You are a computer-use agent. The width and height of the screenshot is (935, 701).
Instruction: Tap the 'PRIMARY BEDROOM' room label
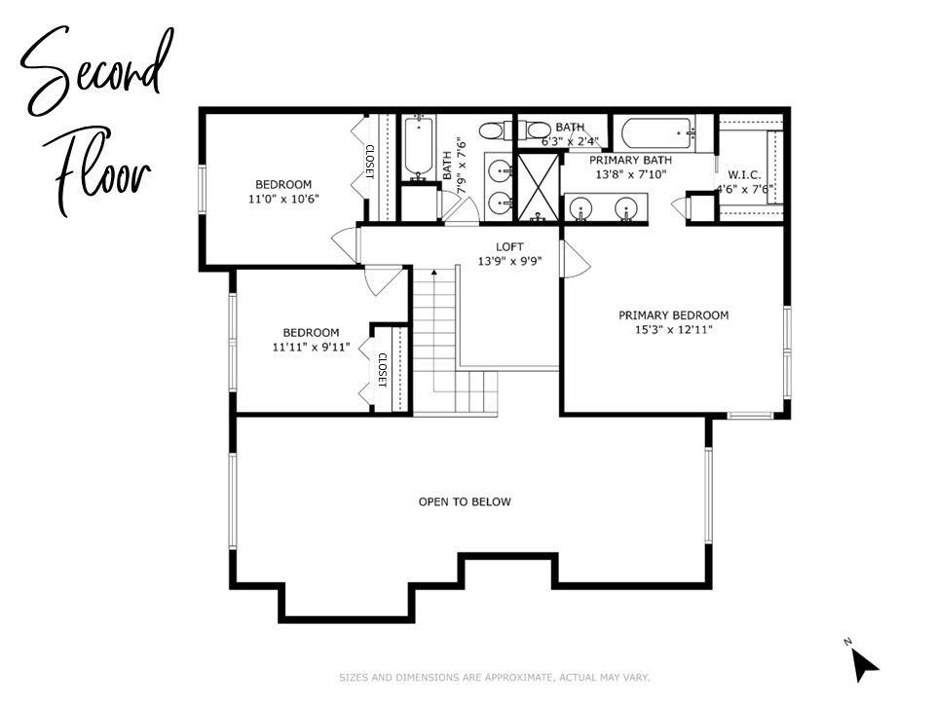click(x=673, y=314)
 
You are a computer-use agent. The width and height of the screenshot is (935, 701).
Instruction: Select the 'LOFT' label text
click(x=509, y=246)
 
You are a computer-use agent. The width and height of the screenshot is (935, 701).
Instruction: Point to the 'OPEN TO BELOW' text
click(x=465, y=501)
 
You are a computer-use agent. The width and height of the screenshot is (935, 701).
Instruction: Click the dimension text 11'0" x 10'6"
click(x=283, y=199)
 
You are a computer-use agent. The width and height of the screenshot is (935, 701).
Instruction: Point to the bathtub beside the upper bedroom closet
click(x=420, y=148)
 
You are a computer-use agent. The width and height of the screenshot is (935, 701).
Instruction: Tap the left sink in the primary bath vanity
click(x=582, y=207)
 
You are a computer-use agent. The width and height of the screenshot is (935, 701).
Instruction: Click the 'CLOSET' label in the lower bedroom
click(x=382, y=370)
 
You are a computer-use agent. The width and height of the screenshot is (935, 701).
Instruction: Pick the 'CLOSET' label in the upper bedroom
click(x=370, y=162)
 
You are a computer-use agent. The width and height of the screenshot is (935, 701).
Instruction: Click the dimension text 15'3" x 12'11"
click(x=673, y=330)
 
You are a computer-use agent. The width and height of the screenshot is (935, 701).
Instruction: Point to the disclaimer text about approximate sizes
click(x=494, y=677)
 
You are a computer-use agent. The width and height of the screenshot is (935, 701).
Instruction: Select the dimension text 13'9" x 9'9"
click(x=509, y=261)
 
